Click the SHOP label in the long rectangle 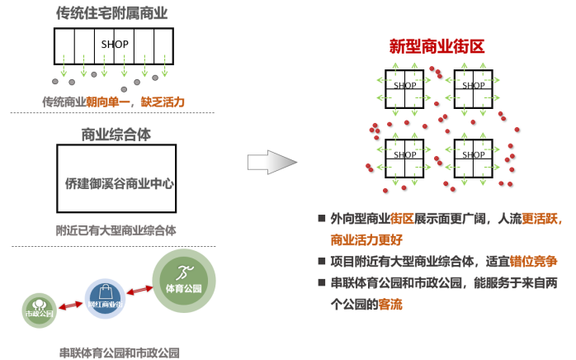[114, 43]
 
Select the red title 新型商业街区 [437, 46]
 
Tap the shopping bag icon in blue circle [105, 291]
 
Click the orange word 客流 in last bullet [390, 304]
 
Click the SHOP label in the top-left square [405, 85]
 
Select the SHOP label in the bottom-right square [474, 154]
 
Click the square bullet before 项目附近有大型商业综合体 [322, 262]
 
